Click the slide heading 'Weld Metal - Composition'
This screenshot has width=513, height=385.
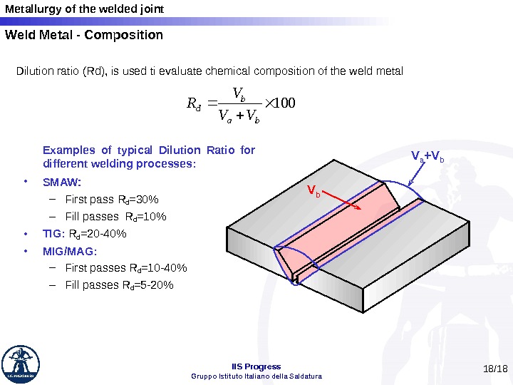[84, 35]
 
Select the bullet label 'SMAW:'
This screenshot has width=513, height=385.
[62, 182]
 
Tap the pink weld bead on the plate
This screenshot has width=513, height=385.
[335, 228]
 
